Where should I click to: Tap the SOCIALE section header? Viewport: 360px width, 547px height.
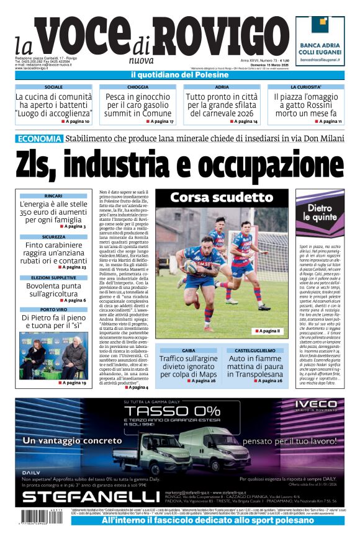point(53,87)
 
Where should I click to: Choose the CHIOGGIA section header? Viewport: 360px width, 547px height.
point(137,87)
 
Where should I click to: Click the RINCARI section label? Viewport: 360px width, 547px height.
point(53,196)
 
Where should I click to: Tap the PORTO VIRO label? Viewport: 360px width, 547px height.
point(53,309)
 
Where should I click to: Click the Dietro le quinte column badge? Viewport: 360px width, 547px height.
point(320,212)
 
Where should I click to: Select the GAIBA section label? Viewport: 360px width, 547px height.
point(188,350)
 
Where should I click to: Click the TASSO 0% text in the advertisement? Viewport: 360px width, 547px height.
point(150,412)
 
